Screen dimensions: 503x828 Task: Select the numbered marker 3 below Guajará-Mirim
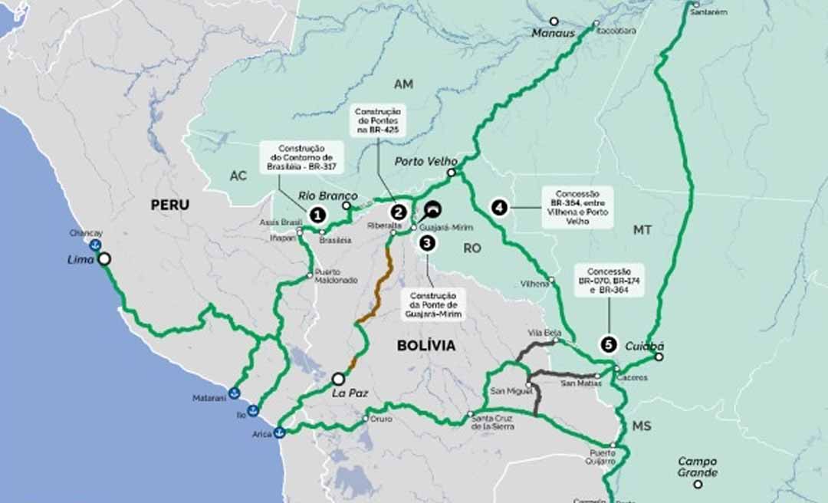tap(426, 243)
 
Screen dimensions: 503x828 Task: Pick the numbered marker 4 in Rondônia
tap(500, 207)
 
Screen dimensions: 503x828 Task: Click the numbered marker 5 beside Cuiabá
tap(609, 345)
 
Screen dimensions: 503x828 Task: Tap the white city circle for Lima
tap(103, 259)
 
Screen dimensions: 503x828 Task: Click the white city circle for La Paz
tap(338, 378)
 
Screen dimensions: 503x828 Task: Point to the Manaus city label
tap(554, 33)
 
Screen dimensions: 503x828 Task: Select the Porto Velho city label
tap(426, 162)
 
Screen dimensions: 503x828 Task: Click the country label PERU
tap(169, 205)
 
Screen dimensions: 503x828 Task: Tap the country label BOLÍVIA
tap(426, 345)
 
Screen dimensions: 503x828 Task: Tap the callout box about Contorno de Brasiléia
tap(301, 156)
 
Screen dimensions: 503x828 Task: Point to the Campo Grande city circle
tap(698, 484)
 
